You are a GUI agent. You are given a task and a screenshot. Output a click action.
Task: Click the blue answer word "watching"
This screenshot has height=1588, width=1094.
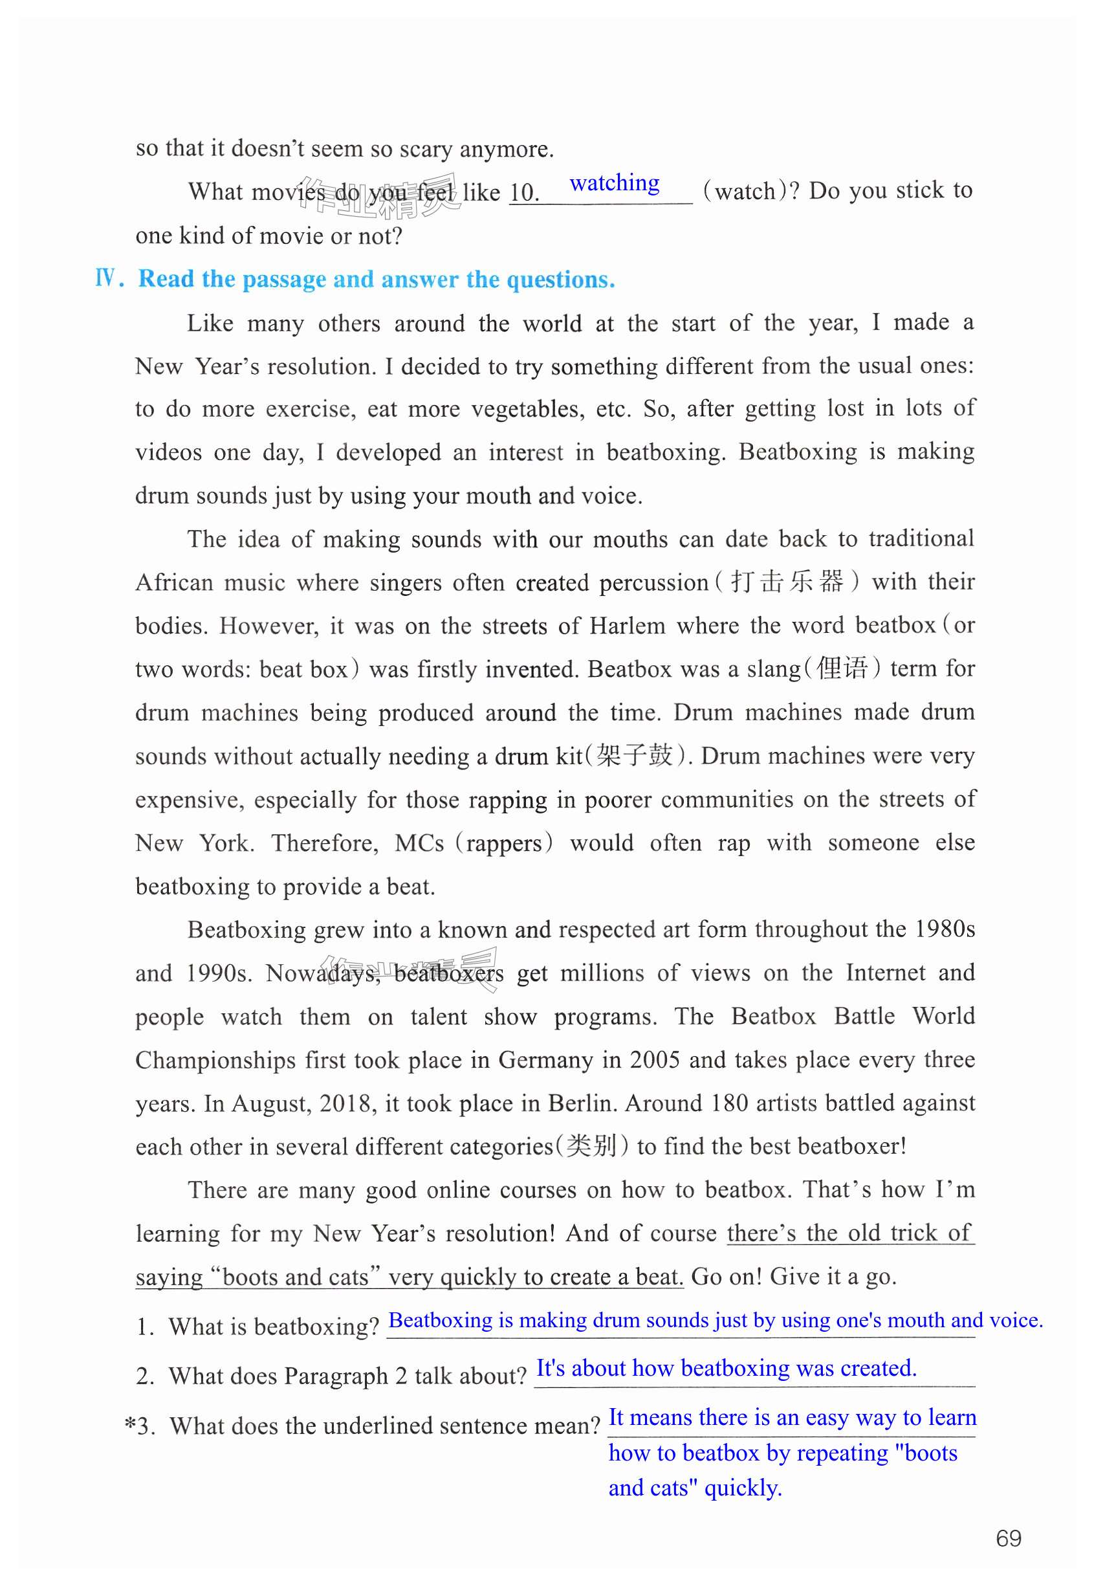coord(614,184)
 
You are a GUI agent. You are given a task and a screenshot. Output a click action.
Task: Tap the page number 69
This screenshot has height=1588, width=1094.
coord(1009,1538)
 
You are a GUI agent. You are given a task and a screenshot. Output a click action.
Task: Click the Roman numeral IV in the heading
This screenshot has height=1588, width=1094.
coord(106,278)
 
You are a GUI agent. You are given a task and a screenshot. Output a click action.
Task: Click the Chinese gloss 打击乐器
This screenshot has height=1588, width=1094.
coord(787,582)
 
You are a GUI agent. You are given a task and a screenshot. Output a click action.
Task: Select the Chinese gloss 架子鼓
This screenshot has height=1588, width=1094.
coord(634,756)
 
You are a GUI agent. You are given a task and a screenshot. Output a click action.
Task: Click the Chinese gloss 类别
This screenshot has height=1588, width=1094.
coord(591,1147)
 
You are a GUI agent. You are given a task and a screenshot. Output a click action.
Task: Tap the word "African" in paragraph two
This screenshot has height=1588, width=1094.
coord(175,583)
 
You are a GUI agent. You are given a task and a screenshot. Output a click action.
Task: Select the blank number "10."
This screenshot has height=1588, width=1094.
coord(525,193)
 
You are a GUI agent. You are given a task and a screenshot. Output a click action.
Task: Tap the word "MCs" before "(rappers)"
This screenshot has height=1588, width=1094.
coord(419,843)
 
